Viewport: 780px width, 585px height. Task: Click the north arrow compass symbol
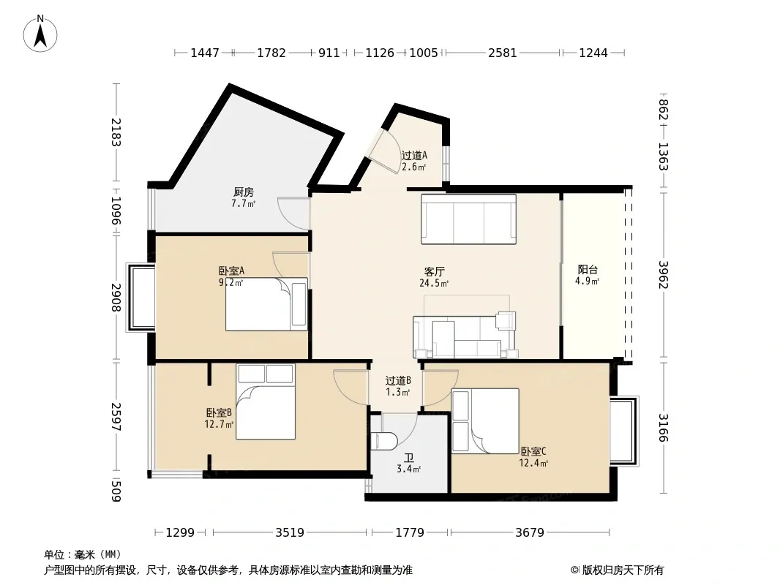(x=40, y=34)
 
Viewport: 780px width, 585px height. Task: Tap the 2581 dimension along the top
(x=503, y=53)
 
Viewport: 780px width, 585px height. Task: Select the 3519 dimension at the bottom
(x=290, y=533)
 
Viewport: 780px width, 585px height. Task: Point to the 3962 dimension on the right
(x=664, y=275)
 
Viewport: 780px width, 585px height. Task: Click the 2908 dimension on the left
(x=116, y=297)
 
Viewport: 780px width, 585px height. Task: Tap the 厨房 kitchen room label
(x=243, y=192)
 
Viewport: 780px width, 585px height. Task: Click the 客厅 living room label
(x=435, y=271)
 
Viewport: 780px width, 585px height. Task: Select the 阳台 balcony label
(x=588, y=269)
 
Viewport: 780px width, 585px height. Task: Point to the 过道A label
(x=414, y=155)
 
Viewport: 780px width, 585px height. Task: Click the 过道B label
(x=398, y=381)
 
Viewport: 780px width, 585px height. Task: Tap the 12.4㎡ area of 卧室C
(x=533, y=463)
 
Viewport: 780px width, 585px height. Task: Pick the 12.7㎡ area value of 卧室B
(x=219, y=424)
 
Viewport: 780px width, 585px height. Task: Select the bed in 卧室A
(x=266, y=304)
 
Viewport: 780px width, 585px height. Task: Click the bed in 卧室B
(x=266, y=401)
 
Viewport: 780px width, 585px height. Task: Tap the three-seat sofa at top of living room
(x=468, y=219)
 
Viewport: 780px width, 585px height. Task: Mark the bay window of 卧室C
(x=624, y=431)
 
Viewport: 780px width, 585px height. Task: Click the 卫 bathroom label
(x=408, y=458)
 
